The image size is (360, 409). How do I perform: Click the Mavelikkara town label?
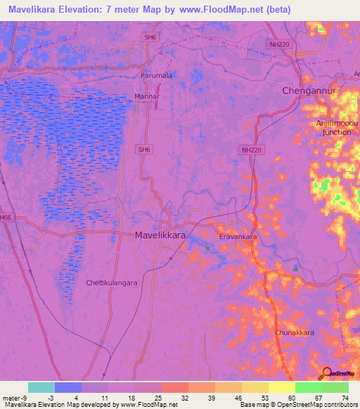pos(160,237)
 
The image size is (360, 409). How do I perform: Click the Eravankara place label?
pos(238,238)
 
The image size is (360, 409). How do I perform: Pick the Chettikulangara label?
pos(111,283)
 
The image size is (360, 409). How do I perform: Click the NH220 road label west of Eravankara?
pos(250,150)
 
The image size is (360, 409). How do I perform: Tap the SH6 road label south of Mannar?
pos(143,149)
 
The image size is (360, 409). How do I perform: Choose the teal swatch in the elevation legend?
pos(41,387)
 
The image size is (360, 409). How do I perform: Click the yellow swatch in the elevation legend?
pos(281,387)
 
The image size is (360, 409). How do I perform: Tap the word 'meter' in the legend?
pos(12,398)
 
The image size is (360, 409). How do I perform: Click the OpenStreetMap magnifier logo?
pos(326,373)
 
